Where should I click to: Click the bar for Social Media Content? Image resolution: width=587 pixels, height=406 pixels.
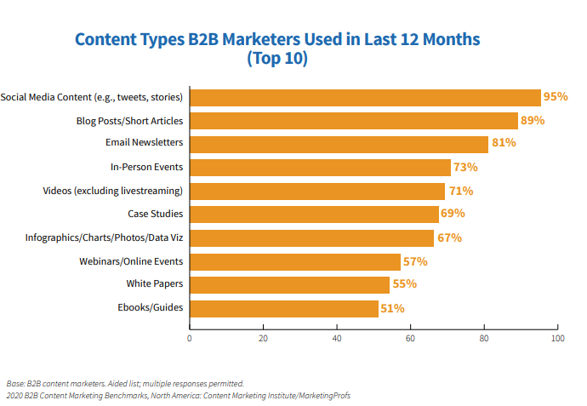click(x=365, y=97)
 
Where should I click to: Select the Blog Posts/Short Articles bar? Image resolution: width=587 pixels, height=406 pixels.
click(x=353, y=121)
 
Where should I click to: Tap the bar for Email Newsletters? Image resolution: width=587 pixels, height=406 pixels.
click(x=339, y=144)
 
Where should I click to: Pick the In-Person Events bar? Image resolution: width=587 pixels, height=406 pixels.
click(x=320, y=168)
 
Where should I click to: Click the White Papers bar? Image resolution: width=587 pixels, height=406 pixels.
click(x=289, y=284)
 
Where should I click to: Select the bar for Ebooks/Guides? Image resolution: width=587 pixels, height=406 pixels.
click(x=283, y=307)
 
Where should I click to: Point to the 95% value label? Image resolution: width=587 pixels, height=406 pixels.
click(x=556, y=97)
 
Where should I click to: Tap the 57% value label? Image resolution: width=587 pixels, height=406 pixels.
click(x=415, y=261)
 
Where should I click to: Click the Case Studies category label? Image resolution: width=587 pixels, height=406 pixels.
click(x=156, y=214)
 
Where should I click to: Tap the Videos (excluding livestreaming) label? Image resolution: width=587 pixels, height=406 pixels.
click(x=113, y=191)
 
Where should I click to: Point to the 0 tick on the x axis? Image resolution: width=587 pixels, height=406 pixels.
click(x=190, y=338)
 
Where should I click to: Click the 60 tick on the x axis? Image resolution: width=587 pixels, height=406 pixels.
click(x=410, y=338)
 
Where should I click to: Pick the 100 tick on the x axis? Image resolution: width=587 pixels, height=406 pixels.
click(x=557, y=338)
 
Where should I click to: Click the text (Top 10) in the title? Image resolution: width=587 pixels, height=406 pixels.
click(x=277, y=60)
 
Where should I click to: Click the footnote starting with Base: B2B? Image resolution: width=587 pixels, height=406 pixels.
click(x=125, y=383)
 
